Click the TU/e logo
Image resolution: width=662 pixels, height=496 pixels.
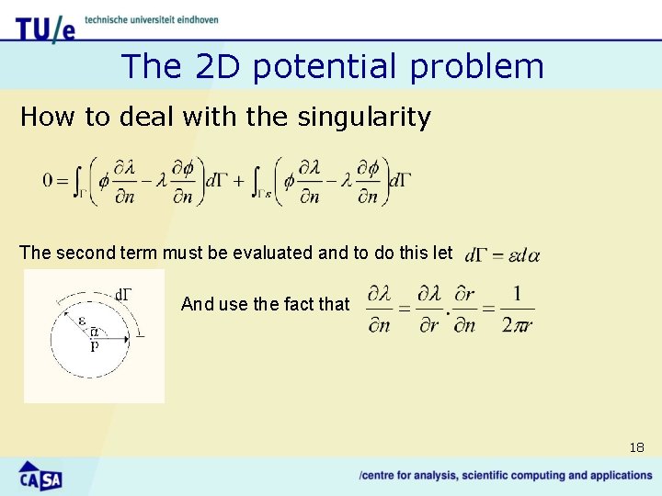(x=45, y=28)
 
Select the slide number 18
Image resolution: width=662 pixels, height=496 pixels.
(x=636, y=447)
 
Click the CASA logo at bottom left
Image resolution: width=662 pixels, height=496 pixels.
(x=40, y=476)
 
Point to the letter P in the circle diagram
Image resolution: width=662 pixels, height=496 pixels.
(x=93, y=347)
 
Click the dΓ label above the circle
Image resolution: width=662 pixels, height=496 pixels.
(x=122, y=294)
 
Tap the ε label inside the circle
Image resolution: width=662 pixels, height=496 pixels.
(x=82, y=321)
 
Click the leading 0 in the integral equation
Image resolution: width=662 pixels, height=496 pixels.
(x=48, y=180)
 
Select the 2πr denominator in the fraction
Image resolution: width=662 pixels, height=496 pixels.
(x=517, y=324)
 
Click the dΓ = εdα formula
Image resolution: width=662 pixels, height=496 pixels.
(x=502, y=254)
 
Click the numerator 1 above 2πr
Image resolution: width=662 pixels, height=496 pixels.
(x=517, y=294)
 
